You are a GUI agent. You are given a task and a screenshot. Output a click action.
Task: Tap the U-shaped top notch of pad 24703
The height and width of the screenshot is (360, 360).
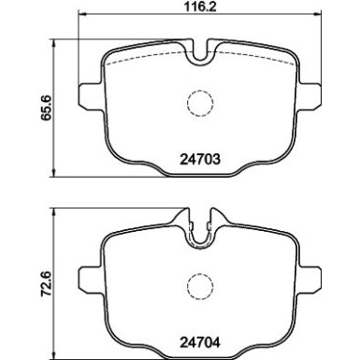[198, 53]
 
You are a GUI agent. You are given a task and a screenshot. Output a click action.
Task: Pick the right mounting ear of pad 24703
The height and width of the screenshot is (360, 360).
[311, 97]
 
